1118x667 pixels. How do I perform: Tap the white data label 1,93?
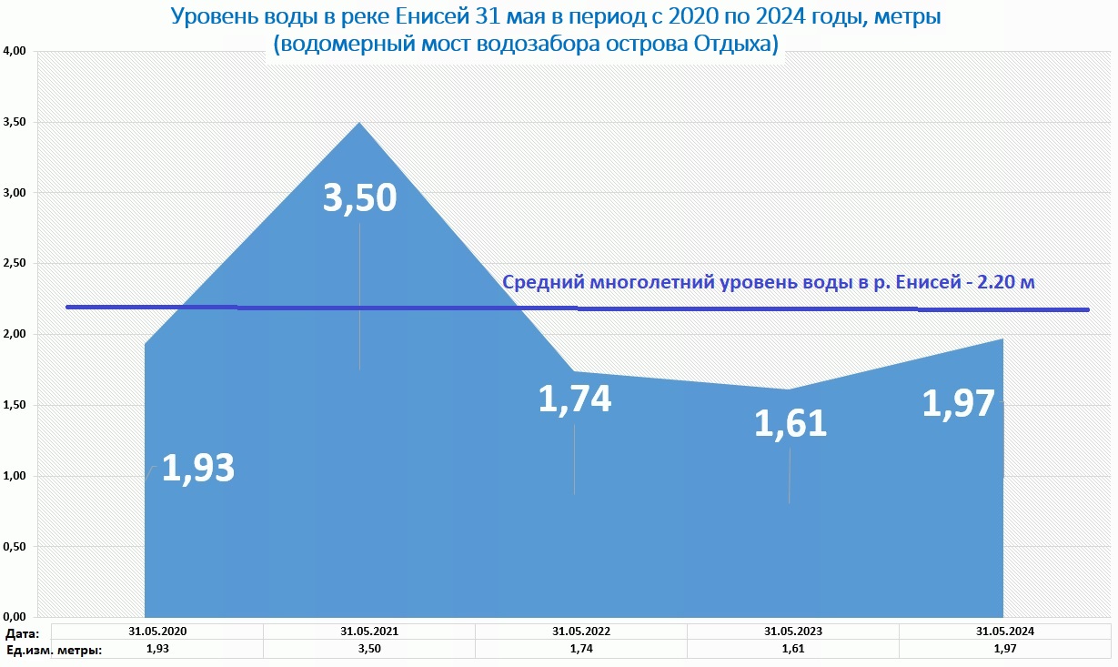pyautogui.click(x=197, y=468)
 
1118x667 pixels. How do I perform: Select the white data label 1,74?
pyautogui.click(x=575, y=400)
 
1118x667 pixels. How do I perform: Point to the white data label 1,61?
pyautogui.click(x=790, y=424)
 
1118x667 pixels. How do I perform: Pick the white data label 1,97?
pyautogui.click(x=959, y=403)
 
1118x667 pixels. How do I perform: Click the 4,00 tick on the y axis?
pyautogui.click(x=19, y=52)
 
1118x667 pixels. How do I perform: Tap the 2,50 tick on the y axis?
pyautogui.click(x=19, y=264)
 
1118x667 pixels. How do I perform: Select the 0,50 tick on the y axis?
pyautogui.click(x=19, y=547)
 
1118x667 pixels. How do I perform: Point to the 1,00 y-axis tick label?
pyautogui.click(x=19, y=476)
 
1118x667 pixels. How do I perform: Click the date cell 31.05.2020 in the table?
pyautogui.click(x=156, y=631)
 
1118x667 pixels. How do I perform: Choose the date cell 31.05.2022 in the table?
pyautogui.click(x=580, y=631)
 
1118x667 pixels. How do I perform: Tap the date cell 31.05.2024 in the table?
pyautogui.click(x=1004, y=631)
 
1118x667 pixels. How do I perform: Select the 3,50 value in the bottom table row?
pyautogui.click(x=368, y=649)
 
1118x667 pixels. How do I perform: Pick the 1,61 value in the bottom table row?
pyautogui.click(x=792, y=649)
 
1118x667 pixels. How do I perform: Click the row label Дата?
pyautogui.click(x=23, y=632)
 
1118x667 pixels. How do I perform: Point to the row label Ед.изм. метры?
pyautogui.click(x=53, y=650)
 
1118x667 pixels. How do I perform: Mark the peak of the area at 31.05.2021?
pyautogui.click(x=359, y=123)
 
